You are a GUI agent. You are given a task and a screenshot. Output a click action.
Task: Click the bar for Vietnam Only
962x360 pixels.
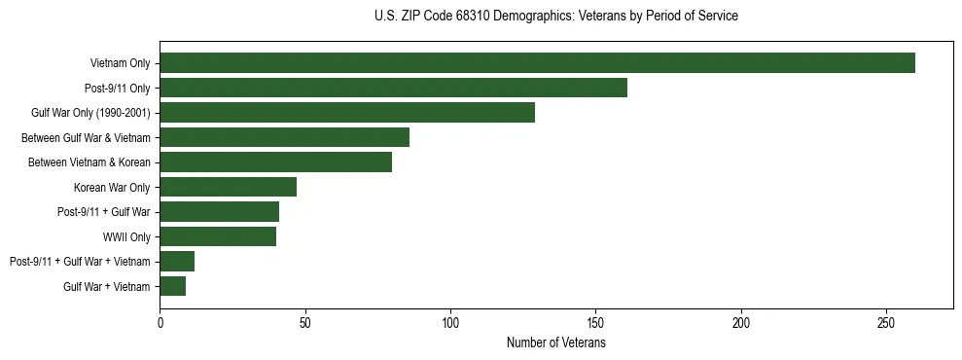(x=537, y=63)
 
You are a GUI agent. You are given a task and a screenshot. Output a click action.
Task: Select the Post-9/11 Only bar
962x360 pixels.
(x=393, y=88)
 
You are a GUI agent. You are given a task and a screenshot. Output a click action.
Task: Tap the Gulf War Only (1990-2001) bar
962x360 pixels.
(x=347, y=113)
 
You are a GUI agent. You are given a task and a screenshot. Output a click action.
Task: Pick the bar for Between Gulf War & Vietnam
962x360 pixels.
(x=284, y=137)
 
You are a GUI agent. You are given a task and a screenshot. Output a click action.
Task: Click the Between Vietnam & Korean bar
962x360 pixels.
(x=275, y=162)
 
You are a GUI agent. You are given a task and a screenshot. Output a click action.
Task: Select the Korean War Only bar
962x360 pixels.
(x=228, y=187)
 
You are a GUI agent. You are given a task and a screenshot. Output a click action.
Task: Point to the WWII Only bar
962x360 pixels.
(x=218, y=236)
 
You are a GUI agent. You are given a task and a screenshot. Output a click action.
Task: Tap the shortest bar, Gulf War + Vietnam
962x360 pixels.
(x=172, y=286)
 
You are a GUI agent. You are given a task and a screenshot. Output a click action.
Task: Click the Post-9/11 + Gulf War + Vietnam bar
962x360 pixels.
(x=177, y=262)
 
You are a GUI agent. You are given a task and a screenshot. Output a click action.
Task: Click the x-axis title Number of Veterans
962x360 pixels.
(x=556, y=343)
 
